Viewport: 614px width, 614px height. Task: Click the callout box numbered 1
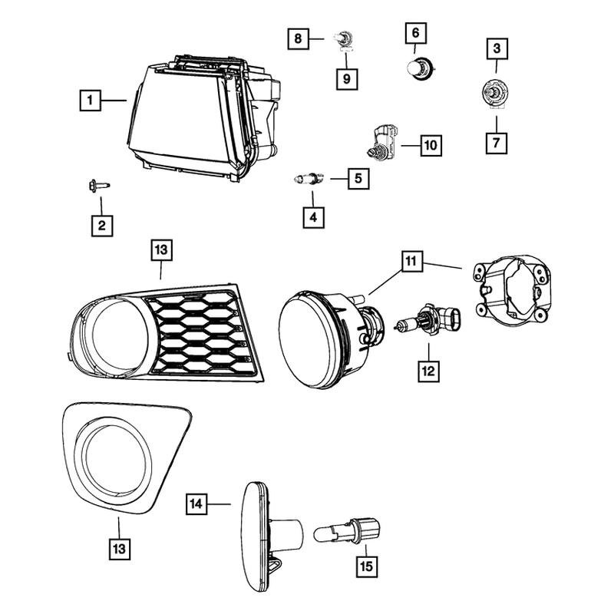[90, 100]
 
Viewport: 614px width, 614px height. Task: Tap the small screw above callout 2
[99, 185]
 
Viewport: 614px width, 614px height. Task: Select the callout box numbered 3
[497, 50]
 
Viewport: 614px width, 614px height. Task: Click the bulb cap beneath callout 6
[417, 68]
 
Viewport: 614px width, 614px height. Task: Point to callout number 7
[497, 142]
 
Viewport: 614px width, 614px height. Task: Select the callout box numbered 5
[357, 179]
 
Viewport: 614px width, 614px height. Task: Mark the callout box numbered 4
[312, 217]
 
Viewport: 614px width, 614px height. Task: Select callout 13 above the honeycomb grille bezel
[160, 249]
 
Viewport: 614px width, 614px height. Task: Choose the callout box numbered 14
[197, 504]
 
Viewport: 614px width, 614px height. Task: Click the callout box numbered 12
[427, 371]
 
